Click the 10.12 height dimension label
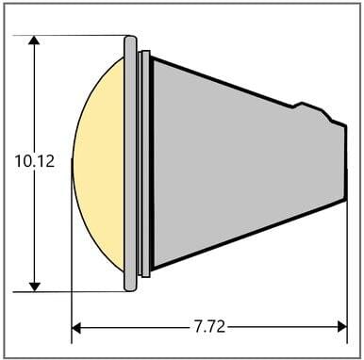coord(35,161)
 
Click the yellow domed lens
coord(98,165)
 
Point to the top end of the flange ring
coord(131,41)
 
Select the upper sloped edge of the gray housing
coord(222,78)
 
